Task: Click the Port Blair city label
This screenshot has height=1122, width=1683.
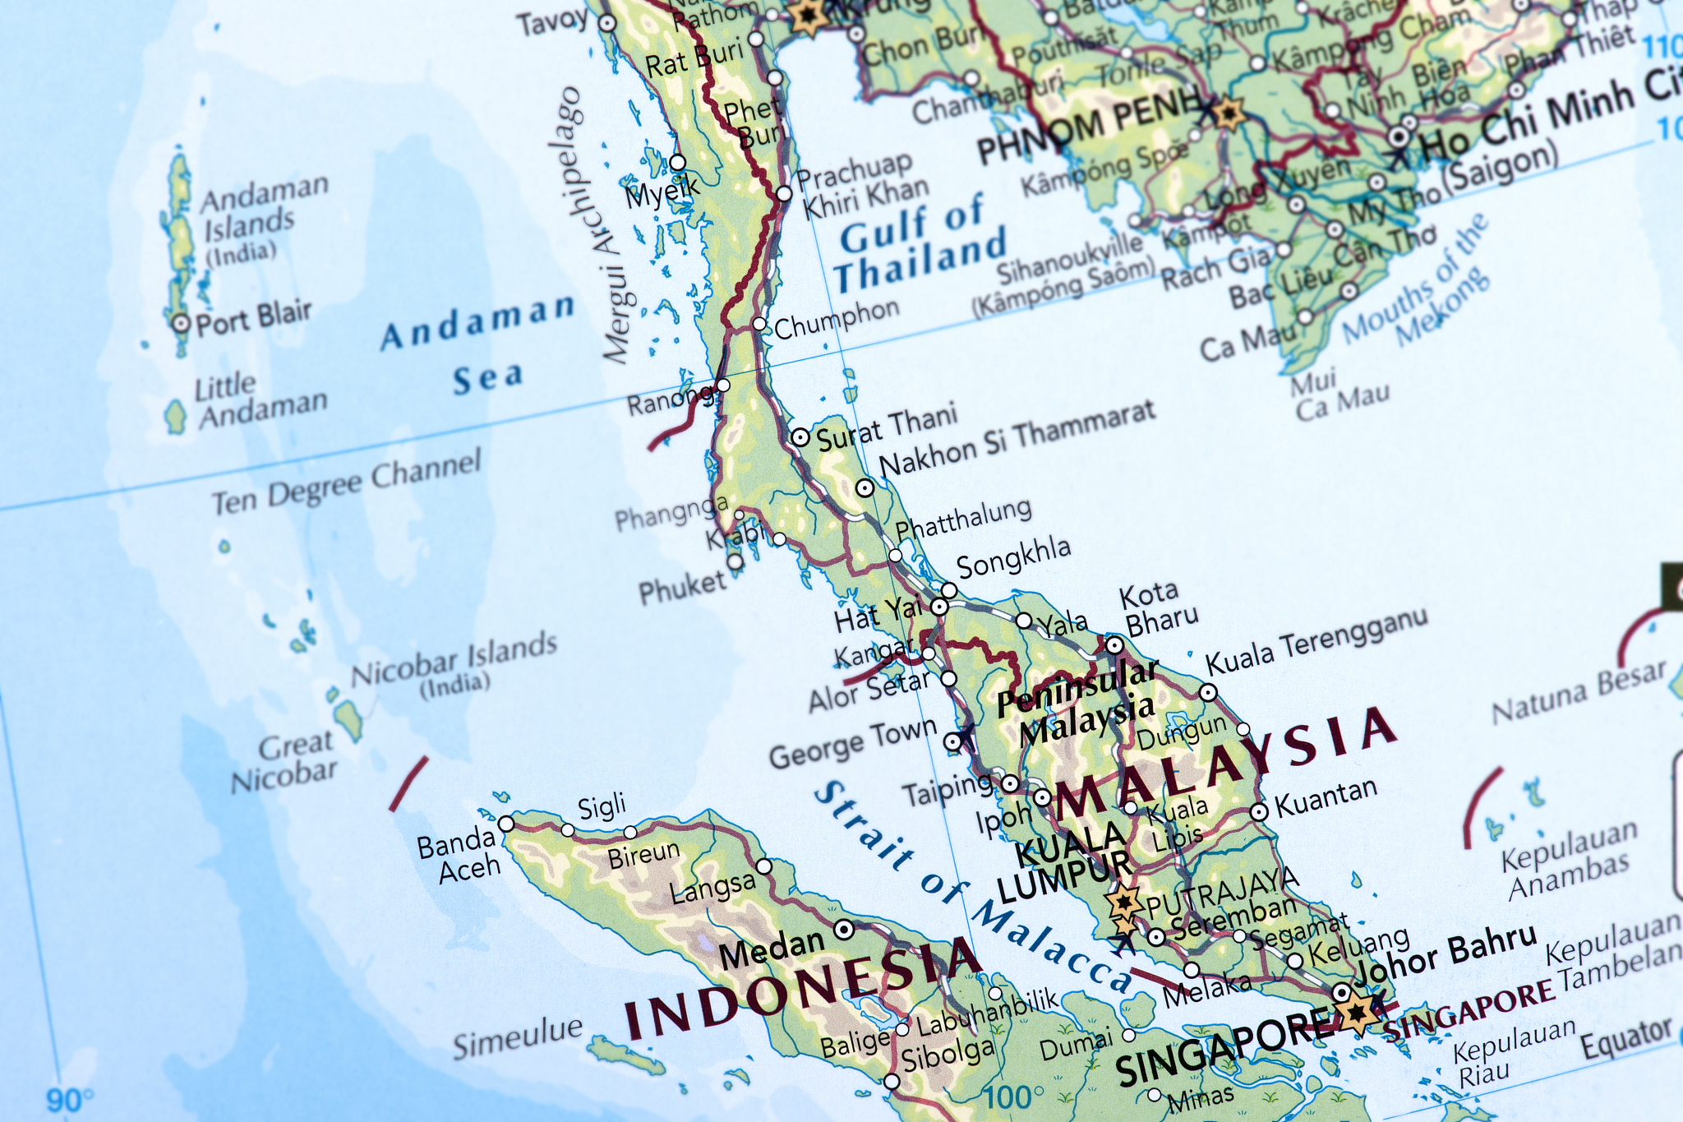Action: pos(254,317)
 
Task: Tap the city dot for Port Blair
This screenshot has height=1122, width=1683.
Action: pos(181,323)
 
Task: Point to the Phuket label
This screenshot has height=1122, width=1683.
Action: pos(682,587)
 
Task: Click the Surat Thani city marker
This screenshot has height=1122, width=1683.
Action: pos(800,437)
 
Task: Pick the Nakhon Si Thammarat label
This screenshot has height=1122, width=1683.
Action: pos(1017,437)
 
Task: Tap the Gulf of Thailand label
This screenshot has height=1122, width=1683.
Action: pos(920,244)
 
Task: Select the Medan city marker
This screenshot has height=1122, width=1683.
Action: pos(844,930)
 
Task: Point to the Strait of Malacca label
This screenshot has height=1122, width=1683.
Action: pos(970,888)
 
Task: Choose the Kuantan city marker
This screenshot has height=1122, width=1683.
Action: pos(1259,812)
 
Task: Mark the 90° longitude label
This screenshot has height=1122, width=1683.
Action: pos(69,1100)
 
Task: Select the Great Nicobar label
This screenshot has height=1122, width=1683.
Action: pos(285,761)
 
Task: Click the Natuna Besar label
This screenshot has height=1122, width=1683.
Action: pos(1578,693)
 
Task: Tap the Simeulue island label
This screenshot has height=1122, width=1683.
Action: pos(518,1038)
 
